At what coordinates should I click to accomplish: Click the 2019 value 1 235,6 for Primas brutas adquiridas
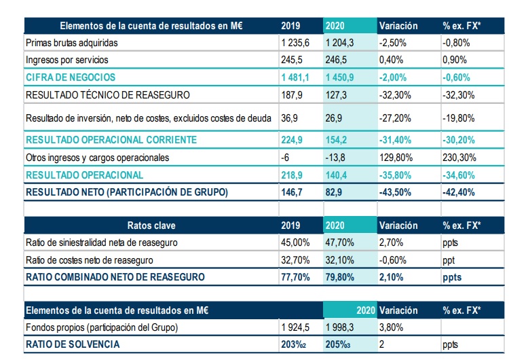pos(295,42)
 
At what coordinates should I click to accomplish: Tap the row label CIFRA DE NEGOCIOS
pos(71,77)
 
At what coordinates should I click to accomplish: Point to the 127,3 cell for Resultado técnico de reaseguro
pos(337,94)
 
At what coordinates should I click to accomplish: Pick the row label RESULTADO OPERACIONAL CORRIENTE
pos(111,140)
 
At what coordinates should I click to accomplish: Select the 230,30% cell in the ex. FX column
pos(460,158)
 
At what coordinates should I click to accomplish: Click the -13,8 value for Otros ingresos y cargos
pos(337,158)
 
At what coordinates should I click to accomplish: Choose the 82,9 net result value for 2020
pos(335,192)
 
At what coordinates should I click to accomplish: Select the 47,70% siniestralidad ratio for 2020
pos(340,242)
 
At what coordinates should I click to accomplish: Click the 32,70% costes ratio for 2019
pos(295,259)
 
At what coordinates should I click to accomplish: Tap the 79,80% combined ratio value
pos(340,277)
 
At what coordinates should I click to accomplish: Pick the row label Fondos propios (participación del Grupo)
pos(100,328)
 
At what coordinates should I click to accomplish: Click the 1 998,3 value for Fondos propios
pos(341,328)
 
